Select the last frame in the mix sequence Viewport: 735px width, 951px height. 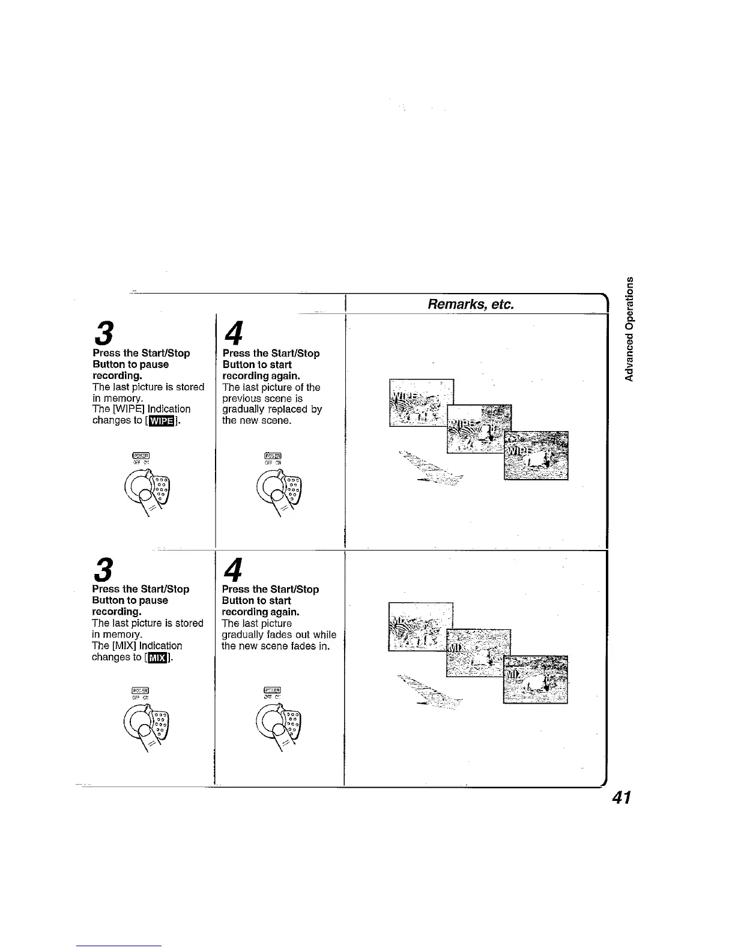tap(536, 679)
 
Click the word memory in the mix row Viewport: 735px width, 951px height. tap(123, 635)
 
